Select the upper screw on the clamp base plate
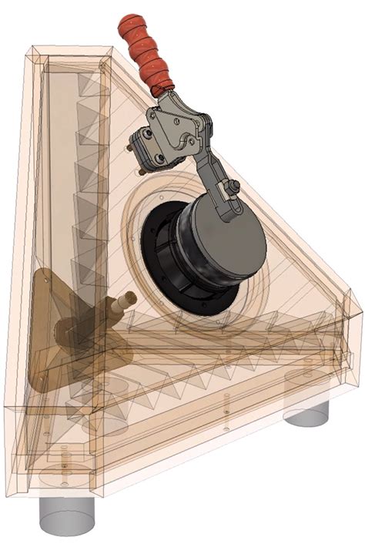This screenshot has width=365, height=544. click(142, 136)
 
